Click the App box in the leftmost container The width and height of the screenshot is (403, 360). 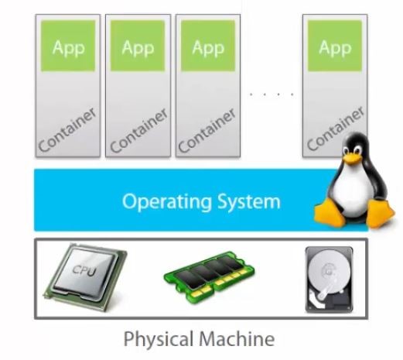[68, 46]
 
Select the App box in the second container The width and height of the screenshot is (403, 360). [138, 46]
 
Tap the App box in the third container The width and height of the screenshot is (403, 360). [208, 46]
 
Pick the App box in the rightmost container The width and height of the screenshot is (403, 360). [335, 46]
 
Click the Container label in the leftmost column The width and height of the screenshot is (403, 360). [67, 130]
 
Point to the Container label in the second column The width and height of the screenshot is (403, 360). [139, 131]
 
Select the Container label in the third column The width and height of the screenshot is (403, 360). [207, 131]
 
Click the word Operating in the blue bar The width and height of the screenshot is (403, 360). [167, 202]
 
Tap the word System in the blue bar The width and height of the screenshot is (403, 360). [249, 201]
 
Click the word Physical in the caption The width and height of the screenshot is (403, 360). [159, 340]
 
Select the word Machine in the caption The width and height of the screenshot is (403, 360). [237, 338]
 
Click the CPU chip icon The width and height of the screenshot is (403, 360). [85, 276]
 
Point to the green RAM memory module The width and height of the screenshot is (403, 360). [210, 277]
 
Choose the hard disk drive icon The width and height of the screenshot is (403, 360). [330, 279]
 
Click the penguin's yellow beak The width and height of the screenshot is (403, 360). [352, 157]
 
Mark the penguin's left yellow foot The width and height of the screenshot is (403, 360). [330, 213]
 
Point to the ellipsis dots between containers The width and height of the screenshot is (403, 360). [272, 94]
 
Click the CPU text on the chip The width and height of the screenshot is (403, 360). [84, 270]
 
